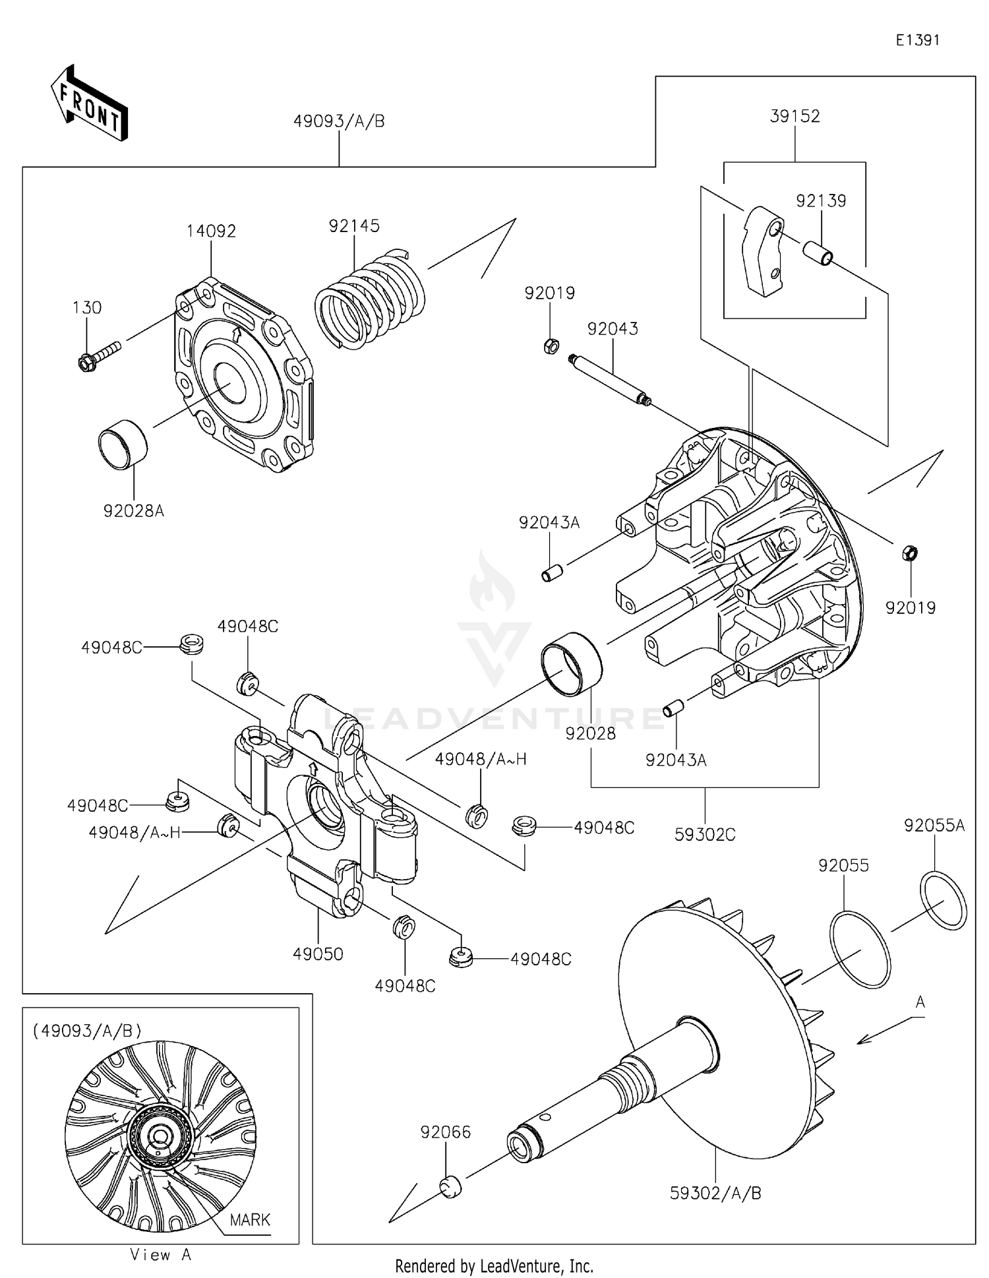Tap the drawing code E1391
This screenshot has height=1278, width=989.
point(917,40)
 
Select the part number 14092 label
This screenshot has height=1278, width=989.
point(211,231)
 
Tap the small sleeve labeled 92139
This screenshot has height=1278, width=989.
point(816,252)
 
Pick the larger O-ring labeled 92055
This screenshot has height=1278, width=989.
point(860,949)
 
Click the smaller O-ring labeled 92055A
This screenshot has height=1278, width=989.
point(943,900)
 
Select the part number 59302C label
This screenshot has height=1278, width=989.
point(705,834)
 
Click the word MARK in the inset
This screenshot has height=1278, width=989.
point(250,1219)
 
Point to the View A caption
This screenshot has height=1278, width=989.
point(160,1255)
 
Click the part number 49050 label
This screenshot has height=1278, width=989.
point(318,954)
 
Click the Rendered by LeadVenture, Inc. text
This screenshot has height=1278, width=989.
point(494,1265)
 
